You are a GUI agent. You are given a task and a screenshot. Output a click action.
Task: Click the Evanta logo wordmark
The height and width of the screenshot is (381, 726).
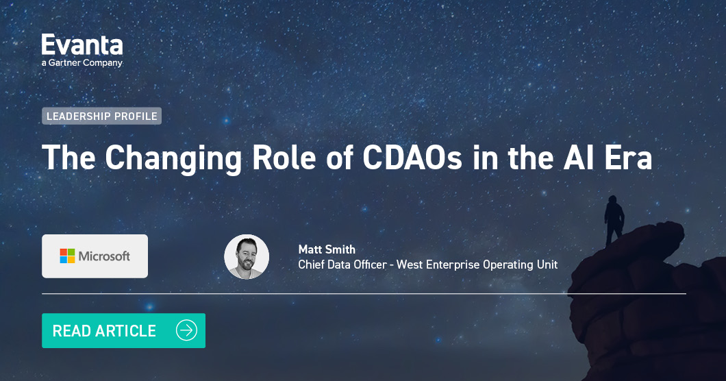pos(82,45)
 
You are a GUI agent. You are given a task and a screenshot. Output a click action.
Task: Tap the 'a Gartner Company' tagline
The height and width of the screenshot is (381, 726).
pos(82,63)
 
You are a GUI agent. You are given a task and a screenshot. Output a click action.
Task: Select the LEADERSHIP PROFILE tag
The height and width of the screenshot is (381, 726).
pos(101,116)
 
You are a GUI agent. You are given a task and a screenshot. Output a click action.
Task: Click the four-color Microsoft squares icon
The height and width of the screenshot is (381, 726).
pos(67,256)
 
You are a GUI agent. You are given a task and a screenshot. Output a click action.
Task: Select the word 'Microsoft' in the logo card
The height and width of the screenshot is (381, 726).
pos(104,256)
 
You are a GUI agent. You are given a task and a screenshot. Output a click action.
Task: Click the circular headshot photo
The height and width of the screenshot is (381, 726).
pos(247,257)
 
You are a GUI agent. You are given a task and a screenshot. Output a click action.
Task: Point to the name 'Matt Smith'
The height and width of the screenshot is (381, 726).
pos(327,249)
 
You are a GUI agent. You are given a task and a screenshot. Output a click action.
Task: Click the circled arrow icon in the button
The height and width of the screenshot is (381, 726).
pos(186,330)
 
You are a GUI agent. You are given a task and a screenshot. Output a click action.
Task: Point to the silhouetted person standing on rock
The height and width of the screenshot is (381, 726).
pos(614,218)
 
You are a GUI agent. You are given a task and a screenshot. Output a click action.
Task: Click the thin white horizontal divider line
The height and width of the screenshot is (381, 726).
pos(363,293)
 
